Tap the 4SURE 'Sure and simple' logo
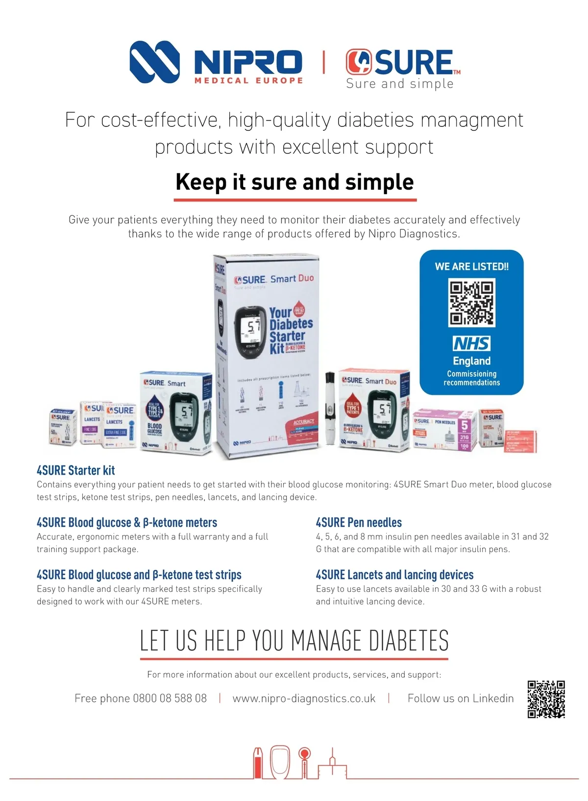click(402, 69)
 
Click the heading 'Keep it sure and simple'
click(294, 182)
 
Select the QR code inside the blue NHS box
click(472, 302)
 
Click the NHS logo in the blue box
click(471, 343)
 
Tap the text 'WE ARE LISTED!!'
click(471, 267)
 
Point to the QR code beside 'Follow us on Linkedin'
click(546, 699)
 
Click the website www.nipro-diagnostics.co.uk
click(304, 699)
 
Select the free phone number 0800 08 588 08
click(170, 699)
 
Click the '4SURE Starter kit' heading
click(76, 471)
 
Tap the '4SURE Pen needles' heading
click(359, 523)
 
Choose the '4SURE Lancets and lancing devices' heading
click(394, 575)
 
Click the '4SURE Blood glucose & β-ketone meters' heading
click(127, 523)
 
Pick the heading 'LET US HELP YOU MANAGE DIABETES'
click(294, 641)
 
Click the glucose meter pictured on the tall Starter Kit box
click(250, 332)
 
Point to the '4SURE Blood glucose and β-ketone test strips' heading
click(139, 575)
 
